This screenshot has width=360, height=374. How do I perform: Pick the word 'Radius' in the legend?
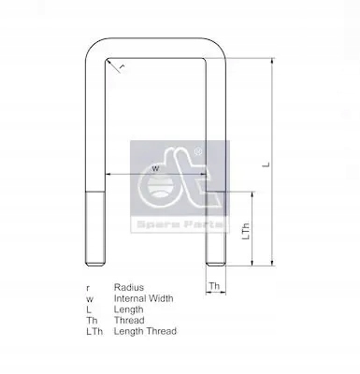coord(128,287)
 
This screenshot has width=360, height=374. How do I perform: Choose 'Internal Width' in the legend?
coord(144,298)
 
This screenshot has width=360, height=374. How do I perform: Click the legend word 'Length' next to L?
coord(128,309)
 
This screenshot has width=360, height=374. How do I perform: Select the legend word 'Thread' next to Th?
coord(128,320)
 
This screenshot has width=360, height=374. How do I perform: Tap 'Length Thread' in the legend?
coord(144,331)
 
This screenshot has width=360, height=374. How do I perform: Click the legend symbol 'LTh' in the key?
coord(92,331)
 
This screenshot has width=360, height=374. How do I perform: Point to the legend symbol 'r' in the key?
coord(87,287)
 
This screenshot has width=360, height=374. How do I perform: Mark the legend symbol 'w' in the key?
coord(88,298)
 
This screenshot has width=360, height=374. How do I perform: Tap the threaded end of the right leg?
coord(213,229)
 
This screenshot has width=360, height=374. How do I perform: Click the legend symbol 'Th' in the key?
coord(90,320)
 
